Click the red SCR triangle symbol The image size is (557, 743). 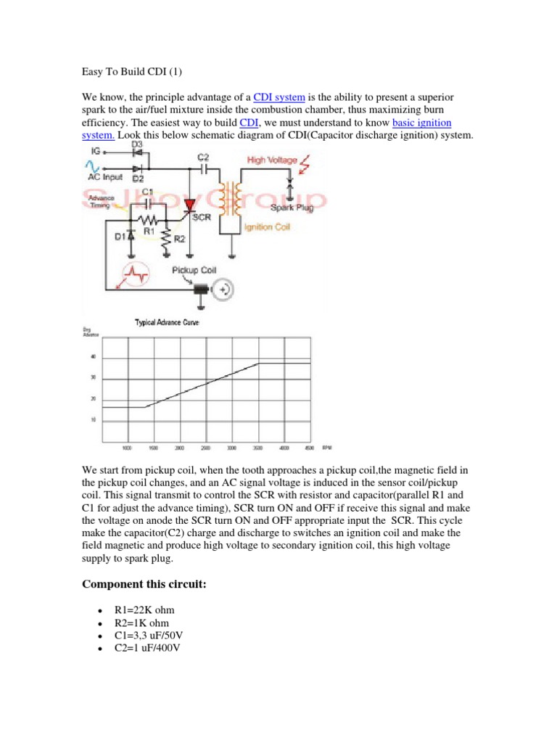point(191,206)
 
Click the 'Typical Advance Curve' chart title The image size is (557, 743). point(168,322)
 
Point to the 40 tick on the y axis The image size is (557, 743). point(92,357)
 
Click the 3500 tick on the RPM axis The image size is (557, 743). point(258,448)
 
